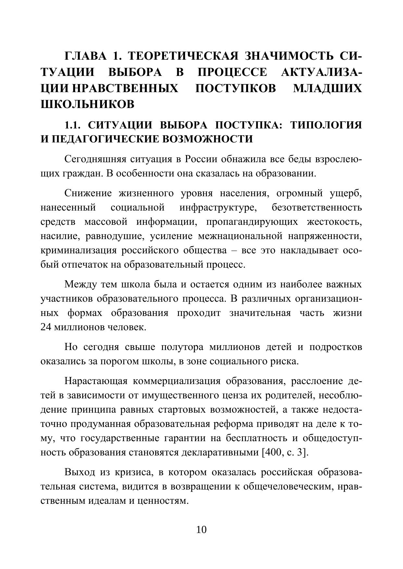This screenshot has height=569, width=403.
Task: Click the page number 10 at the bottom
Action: [201, 530]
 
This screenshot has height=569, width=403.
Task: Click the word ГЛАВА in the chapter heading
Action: [86, 56]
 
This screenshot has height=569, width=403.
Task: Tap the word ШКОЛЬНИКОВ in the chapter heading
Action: [87, 104]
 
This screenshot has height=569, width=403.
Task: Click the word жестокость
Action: [334, 222]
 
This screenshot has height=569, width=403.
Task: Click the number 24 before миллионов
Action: [46, 327]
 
